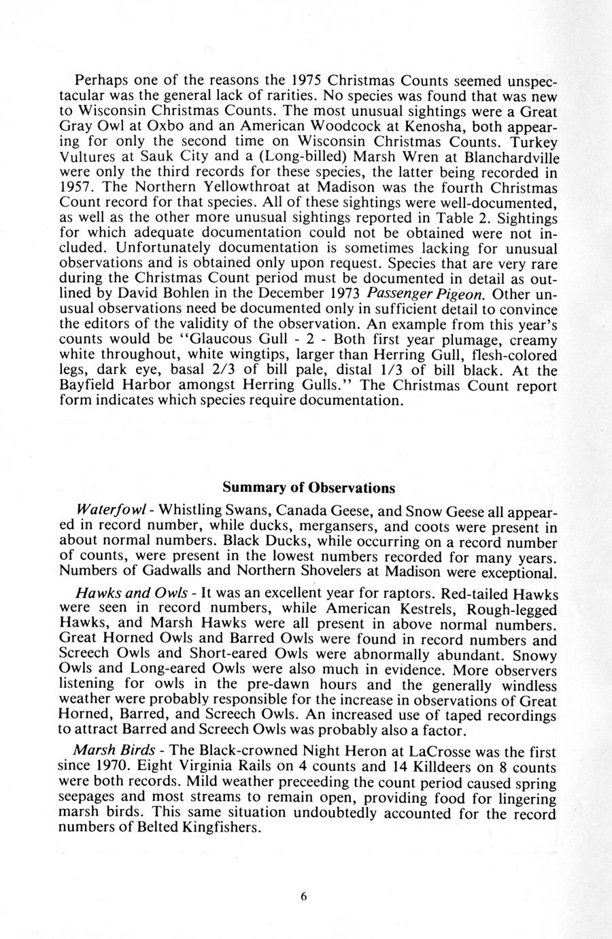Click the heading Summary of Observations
click(x=308, y=489)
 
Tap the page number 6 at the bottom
click(x=304, y=896)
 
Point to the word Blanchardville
click(x=511, y=157)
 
